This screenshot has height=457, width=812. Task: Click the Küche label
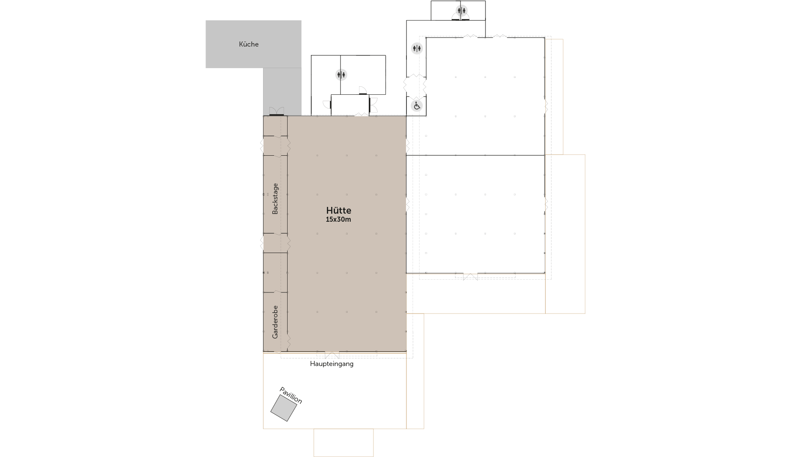(249, 44)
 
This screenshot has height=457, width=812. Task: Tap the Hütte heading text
(338, 210)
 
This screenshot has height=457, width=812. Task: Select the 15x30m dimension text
(338, 220)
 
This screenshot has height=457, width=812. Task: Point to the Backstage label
(275, 198)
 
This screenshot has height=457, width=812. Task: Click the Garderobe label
(275, 322)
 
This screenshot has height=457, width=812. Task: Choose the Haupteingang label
(332, 364)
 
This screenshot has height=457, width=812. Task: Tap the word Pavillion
(291, 395)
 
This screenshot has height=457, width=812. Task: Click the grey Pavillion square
(284, 408)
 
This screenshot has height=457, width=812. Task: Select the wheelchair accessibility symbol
(417, 106)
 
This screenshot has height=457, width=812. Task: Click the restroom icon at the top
(461, 10)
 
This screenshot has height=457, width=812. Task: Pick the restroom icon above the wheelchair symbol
(417, 48)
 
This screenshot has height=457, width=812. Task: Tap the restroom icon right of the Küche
(341, 75)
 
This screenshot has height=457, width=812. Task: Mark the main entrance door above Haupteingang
(332, 355)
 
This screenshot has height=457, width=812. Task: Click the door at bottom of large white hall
(470, 277)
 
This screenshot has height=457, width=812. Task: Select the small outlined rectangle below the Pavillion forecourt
(343, 443)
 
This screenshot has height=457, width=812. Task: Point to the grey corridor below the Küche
(282, 92)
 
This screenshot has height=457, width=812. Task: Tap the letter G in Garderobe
(275, 336)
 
